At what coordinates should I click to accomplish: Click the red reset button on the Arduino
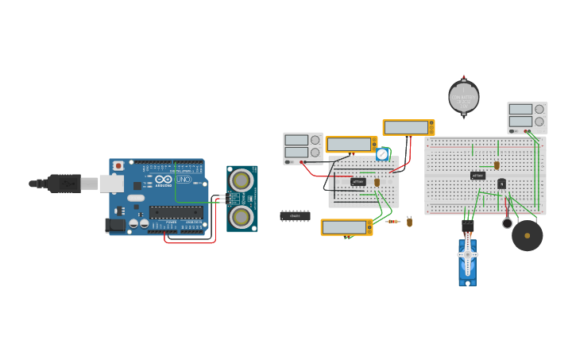[x=118, y=166]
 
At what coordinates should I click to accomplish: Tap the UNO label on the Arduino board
[x=182, y=180]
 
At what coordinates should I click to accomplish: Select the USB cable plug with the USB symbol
[x=64, y=184]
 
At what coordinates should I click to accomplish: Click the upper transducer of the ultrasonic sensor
[x=242, y=180]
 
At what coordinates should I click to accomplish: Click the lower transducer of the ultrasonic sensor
[x=242, y=215]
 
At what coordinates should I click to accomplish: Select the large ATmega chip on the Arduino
[x=176, y=212]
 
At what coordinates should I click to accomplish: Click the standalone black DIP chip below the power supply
[x=295, y=215]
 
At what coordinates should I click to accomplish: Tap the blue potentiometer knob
[x=382, y=154]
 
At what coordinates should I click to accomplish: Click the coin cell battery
[x=464, y=98]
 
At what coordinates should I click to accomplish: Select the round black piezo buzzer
[x=528, y=235]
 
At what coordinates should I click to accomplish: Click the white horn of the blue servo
[x=468, y=254]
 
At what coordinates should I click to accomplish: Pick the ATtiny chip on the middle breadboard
[x=358, y=182]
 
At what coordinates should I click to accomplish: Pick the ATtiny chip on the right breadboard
[x=477, y=176]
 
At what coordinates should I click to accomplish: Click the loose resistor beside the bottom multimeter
[x=392, y=222]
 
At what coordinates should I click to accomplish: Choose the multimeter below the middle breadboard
[x=346, y=227]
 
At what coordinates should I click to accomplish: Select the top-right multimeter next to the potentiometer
[x=408, y=128]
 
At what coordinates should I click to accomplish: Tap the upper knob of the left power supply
[x=315, y=140]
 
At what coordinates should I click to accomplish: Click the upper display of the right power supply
[x=520, y=110]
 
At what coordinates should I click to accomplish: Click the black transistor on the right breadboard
[x=501, y=184]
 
